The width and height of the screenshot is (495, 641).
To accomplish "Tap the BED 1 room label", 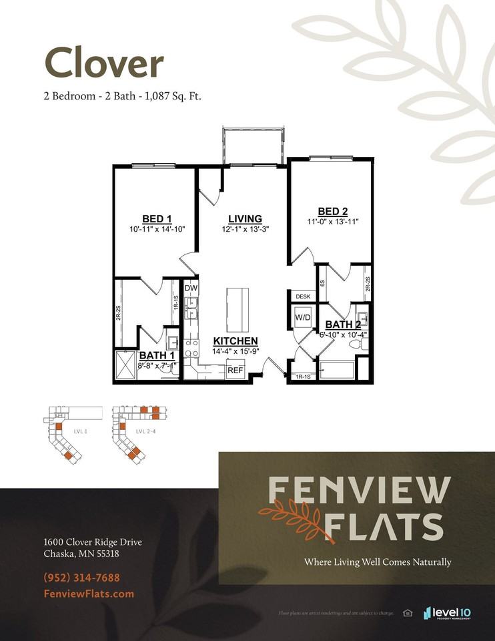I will pos(157,219).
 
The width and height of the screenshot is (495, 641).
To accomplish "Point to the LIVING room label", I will pos(245,219).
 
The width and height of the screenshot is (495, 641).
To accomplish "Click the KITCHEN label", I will pos(235,341).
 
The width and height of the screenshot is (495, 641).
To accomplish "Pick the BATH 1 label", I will pos(157,356).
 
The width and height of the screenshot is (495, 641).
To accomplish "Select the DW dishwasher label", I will pos(191,288).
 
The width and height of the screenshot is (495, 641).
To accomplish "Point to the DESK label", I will pos(303,296).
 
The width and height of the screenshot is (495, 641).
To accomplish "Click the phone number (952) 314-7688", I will pos(82,578).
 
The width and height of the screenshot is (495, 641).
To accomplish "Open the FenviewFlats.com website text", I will pos(89,594).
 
